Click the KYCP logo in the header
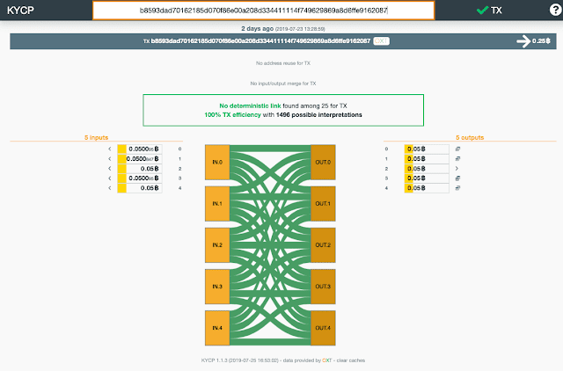point(20,11)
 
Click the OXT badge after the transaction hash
point(381,40)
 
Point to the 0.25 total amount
point(537,40)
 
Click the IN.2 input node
point(216,244)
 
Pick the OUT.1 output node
point(322,203)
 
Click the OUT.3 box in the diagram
point(322,286)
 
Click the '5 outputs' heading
point(471,137)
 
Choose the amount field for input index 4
point(143,188)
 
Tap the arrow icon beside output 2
point(457,168)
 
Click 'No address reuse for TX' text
point(281,64)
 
